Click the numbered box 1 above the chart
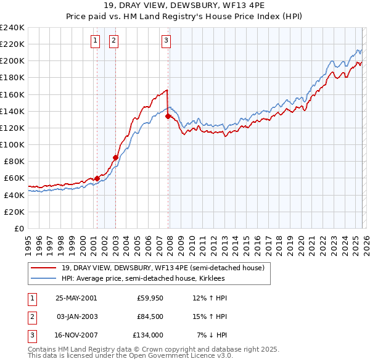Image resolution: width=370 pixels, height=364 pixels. tap(96, 41)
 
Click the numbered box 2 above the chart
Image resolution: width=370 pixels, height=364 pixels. tap(114, 41)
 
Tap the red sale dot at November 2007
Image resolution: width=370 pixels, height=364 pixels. tap(168, 116)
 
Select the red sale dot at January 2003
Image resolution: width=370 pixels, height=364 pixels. tap(115, 157)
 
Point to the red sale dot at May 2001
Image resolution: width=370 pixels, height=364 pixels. tap(97, 178)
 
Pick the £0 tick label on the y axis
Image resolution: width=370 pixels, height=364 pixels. tap(18, 228)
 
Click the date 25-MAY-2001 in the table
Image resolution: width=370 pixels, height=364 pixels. tap(76, 298)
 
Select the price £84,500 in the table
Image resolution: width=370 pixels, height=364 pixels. tap(150, 317)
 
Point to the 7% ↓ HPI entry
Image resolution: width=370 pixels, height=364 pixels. tap(212, 336)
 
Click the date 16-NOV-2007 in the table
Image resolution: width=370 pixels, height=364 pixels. tap(76, 336)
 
